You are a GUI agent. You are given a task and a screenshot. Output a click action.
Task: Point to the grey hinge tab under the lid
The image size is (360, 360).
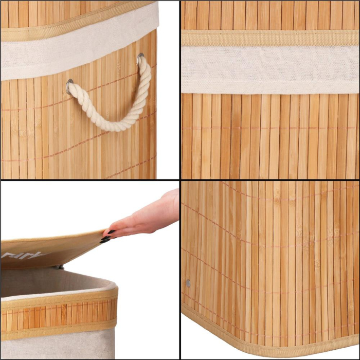[x=60, y=266]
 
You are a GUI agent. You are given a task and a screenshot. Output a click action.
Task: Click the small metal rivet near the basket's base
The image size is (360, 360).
[x=188, y=283]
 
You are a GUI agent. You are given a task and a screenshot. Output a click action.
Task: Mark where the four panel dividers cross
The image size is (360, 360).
[x=180, y=179]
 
